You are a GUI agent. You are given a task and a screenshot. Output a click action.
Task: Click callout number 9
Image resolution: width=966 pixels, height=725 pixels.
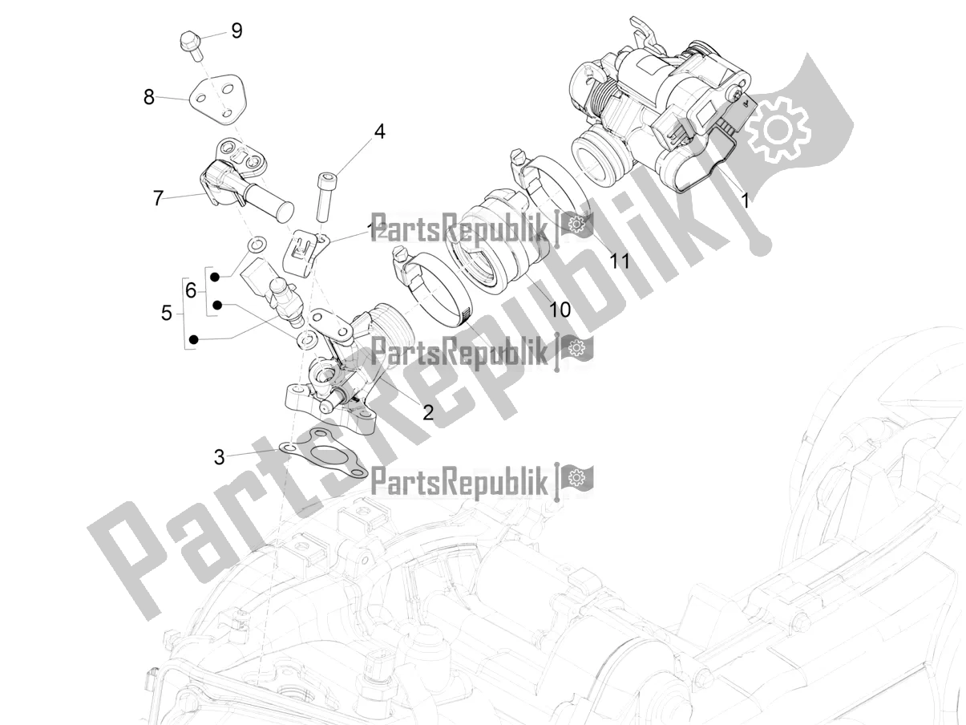[x=236, y=31]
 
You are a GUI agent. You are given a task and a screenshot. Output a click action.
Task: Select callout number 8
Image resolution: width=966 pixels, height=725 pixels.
[x=149, y=98]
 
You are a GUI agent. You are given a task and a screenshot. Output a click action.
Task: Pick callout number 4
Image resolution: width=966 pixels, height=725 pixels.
[x=379, y=132]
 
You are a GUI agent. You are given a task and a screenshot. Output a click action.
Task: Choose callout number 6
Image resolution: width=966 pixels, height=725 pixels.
[x=191, y=290]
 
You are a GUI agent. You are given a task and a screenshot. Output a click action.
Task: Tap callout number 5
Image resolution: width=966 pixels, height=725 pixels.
[x=166, y=313]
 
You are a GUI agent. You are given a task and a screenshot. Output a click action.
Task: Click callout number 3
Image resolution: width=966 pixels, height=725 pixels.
[x=219, y=458]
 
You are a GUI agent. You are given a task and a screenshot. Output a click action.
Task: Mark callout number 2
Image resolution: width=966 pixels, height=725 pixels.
[x=427, y=412]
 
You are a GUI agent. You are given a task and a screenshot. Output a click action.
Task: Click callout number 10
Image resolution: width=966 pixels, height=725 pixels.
[x=560, y=308]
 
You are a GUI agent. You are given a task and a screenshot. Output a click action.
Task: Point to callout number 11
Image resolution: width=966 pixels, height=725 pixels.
[x=618, y=261]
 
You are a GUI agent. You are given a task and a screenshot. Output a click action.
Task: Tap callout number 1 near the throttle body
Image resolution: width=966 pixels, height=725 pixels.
[x=745, y=200]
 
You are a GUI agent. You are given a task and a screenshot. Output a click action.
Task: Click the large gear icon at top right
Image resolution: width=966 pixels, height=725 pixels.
[x=777, y=128]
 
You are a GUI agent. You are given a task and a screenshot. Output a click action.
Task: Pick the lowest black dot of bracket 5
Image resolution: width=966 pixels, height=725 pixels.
[x=192, y=341]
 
